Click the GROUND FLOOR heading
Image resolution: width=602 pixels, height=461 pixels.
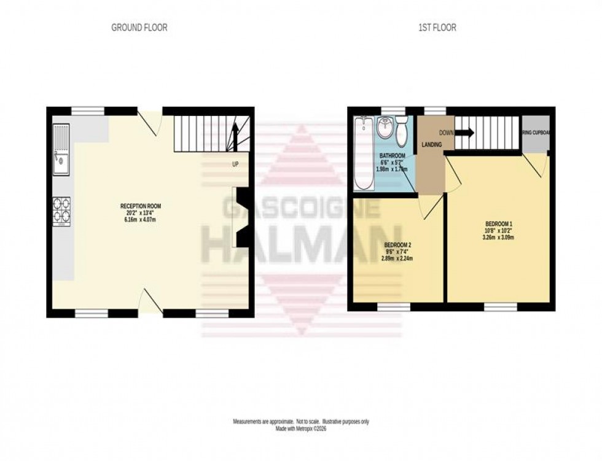click(x=139, y=27)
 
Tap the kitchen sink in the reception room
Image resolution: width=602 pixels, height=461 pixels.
click(x=61, y=150)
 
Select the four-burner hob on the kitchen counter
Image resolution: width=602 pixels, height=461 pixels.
click(x=62, y=211)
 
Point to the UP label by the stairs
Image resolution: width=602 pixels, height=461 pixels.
click(x=235, y=165)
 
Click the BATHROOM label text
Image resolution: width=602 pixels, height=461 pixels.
click(x=392, y=156)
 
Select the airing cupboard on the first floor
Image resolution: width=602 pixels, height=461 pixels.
click(x=534, y=133)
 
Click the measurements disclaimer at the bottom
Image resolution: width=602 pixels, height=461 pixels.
click(x=300, y=422)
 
